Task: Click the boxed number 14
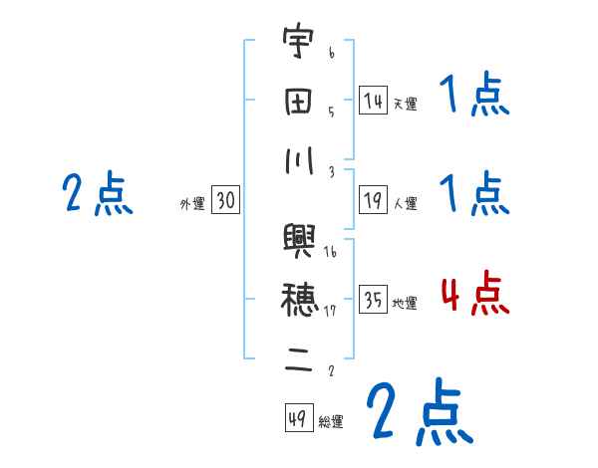click(373, 100)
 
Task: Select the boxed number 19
click(373, 201)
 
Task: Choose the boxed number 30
click(225, 201)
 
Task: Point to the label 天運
click(405, 104)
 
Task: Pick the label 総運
click(331, 422)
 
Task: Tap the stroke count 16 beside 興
click(329, 253)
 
